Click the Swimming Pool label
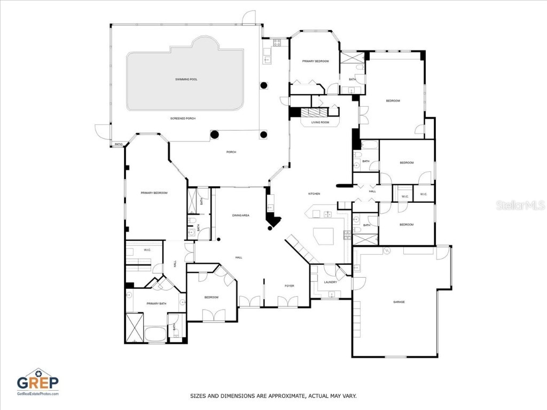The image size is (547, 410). click(x=186, y=80)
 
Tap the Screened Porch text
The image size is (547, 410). click(x=183, y=118)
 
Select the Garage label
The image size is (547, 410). click(x=398, y=302)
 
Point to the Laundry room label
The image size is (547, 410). click(x=330, y=282)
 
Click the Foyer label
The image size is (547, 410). click(x=289, y=286)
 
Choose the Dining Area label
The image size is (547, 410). click(x=240, y=215)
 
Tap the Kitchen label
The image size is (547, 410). click(x=314, y=193)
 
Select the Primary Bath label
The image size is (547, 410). click(x=155, y=304)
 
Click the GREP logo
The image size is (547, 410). click(x=37, y=381)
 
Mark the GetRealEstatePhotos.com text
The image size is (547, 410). click(x=37, y=393)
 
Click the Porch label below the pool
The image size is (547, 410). click(x=231, y=152)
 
